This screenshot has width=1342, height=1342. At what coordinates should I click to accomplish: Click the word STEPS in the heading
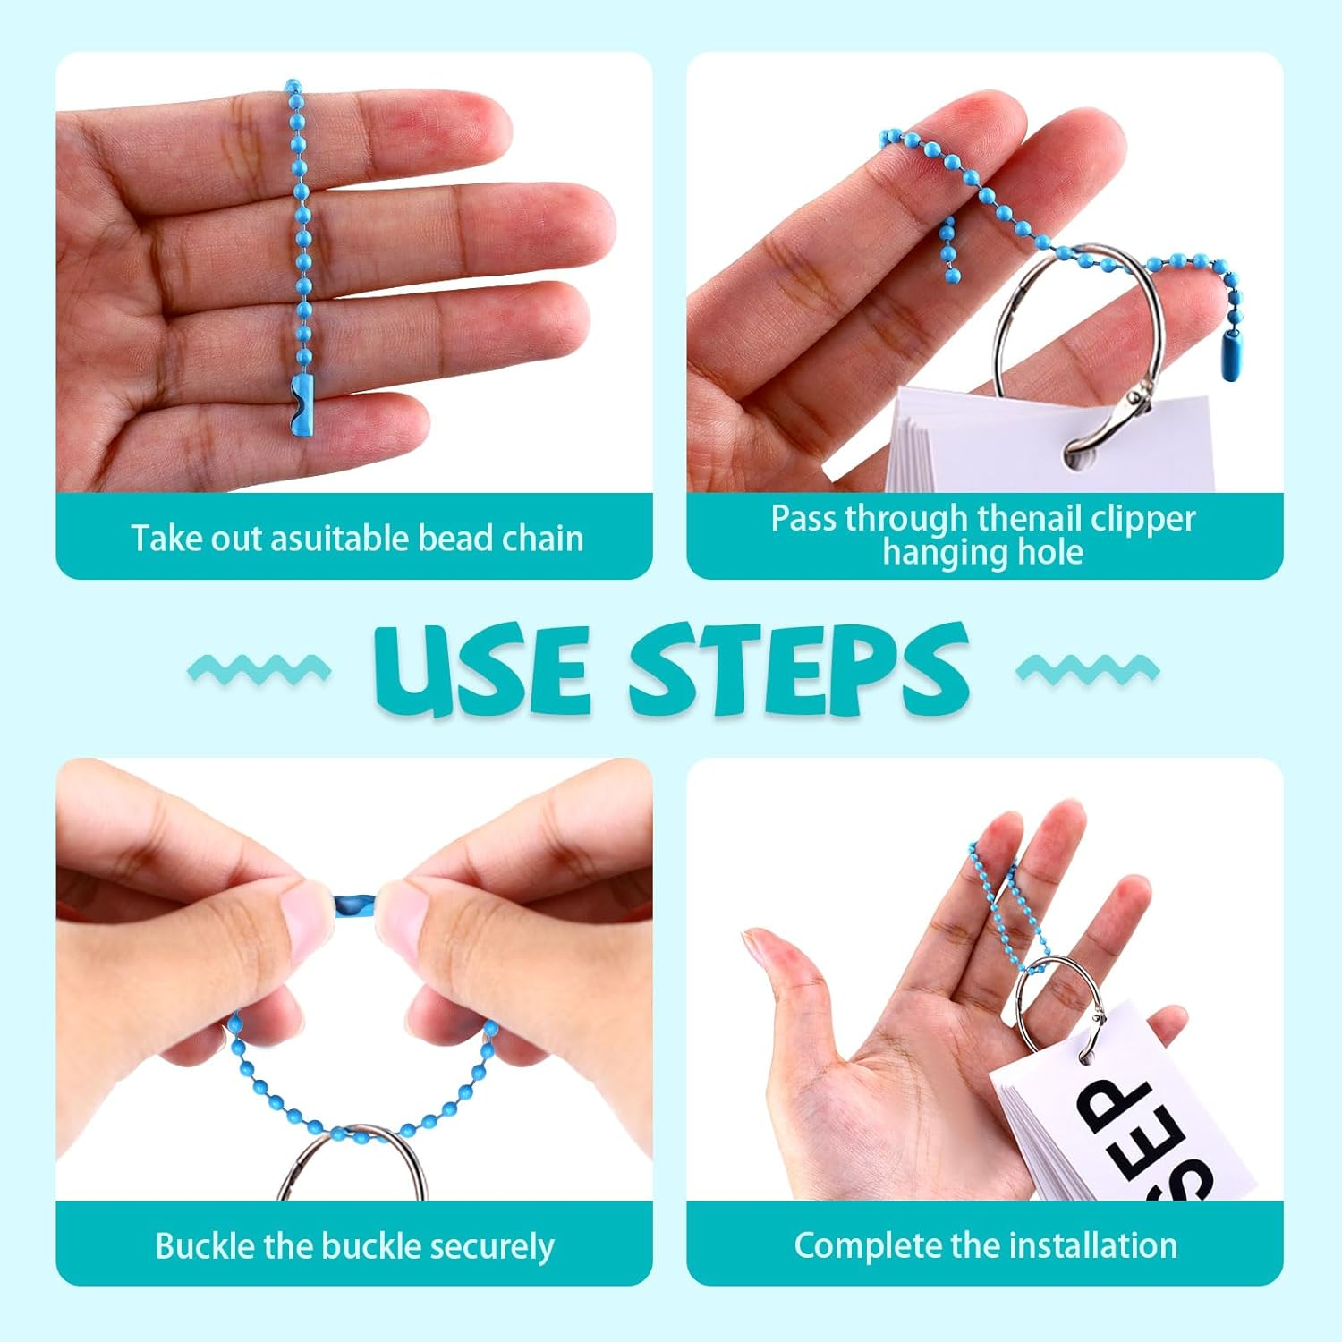click(800, 669)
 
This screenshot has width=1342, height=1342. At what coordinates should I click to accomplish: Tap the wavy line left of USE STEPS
click(259, 669)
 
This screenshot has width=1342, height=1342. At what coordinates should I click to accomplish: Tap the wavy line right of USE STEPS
click(1088, 669)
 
